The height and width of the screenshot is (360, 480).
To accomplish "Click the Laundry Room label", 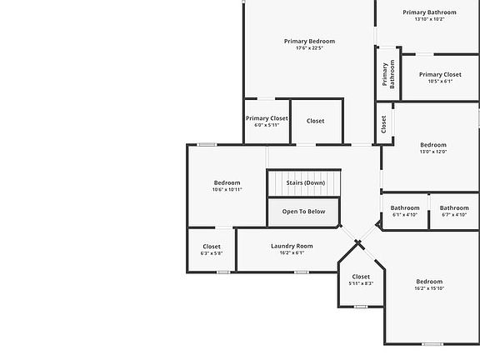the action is click(x=292, y=246).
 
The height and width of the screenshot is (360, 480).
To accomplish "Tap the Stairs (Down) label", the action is click(x=306, y=182).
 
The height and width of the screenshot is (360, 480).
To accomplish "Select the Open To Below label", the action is click(x=303, y=212).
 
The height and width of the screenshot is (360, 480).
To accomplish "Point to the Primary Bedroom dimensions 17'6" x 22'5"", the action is click(x=309, y=48).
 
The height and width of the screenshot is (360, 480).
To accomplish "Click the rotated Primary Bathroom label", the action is click(x=388, y=74).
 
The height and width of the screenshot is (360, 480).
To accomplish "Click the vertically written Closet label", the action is click(x=383, y=124).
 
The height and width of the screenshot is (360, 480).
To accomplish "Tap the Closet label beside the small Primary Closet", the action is click(x=315, y=121).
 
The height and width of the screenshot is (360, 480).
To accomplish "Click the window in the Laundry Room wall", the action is click(x=302, y=272).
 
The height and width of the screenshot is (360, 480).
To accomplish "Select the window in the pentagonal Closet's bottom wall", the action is click(x=361, y=307).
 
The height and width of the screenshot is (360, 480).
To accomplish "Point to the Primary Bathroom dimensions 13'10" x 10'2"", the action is click(x=429, y=19).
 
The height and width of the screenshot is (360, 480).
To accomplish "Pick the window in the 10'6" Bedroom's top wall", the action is click(x=207, y=144).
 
